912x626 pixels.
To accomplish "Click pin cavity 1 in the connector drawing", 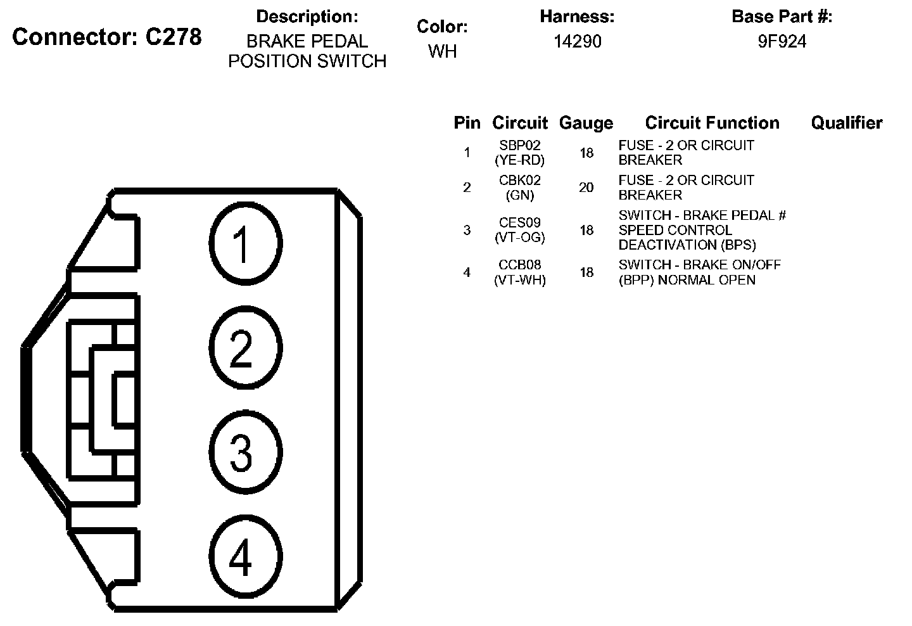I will (x=244, y=243).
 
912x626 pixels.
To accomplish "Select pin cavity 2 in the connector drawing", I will (x=244, y=348).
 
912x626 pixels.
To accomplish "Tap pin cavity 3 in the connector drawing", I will (x=244, y=452).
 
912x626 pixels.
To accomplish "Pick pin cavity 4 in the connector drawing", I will (x=244, y=558).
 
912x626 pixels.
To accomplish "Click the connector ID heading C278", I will (x=107, y=37).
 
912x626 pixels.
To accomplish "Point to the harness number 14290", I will (x=577, y=42).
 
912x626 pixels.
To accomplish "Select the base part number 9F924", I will (x=782, y=42).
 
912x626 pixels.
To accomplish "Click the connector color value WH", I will (x=442, y=51).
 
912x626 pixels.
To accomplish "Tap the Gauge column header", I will (x=586, y=123).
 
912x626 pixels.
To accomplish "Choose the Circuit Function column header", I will (x=712, y=123).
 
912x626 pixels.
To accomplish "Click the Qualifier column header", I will (x=846, y=123).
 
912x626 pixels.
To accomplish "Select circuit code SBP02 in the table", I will (x=519, y=146).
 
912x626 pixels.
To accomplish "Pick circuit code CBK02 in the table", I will (x=519, y=181).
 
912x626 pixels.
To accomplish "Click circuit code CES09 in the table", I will (x=519, y=223).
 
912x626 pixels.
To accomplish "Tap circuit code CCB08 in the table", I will (x=519, y=265).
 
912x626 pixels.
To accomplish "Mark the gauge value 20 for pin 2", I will (x=586, y=188).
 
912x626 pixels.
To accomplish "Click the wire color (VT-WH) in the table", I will (x=519, y=280).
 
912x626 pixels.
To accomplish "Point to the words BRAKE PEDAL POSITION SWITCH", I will (x=307, y=51).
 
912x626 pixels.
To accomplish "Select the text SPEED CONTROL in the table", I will (x=674, y=230).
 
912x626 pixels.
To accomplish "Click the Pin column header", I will (x=467, y=123).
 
